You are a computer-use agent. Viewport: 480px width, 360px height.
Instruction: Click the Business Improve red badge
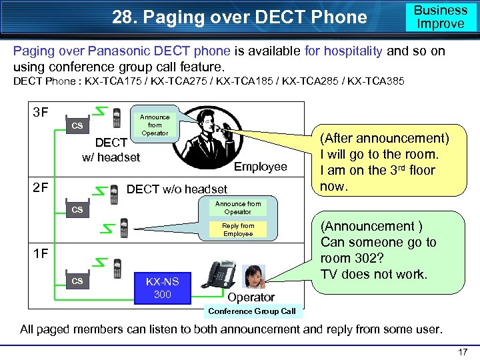[441, 17]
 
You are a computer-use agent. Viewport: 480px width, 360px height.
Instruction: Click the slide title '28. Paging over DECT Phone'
[239, 17]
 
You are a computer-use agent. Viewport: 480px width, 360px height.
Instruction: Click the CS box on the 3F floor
[77, 126]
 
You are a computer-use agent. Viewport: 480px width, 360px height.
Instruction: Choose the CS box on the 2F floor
[77, 210]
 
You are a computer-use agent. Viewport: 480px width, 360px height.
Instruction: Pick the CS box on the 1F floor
[77, 281]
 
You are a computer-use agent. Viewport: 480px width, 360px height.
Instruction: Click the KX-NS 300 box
[162, 287]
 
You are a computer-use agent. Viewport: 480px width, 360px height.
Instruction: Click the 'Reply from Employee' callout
[238, 230]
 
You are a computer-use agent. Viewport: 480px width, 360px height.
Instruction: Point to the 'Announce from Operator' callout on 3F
[155, 125]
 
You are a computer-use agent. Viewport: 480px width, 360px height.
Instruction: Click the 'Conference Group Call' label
[252, 311]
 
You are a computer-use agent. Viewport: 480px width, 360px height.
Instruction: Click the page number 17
[463, 351]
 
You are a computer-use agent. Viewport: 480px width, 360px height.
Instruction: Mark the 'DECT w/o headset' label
[177, 189]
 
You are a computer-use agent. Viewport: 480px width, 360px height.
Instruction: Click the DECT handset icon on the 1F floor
[117, 268]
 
